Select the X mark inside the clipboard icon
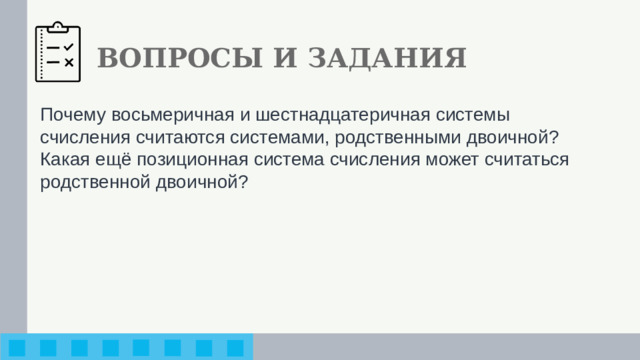click(x=69, y=62)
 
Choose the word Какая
click(x=65, y=158)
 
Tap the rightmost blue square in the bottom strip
click(x=234, y=347)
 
